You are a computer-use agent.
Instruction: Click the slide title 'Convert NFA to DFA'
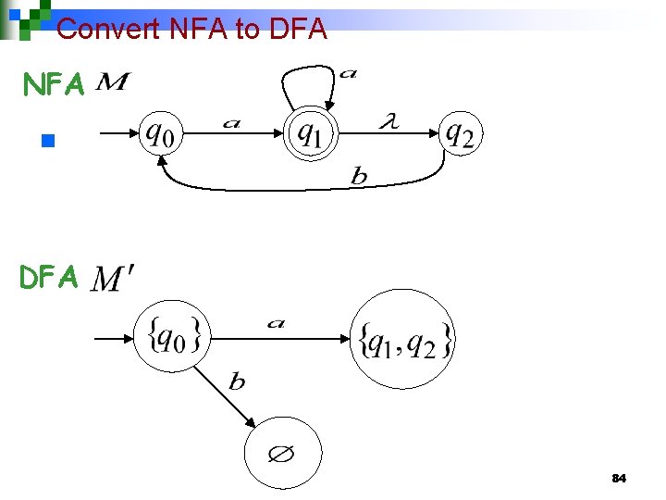pyautogui.click(x=191, y=29)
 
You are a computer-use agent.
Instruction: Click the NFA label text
pyautogui.click(x=54, y=85)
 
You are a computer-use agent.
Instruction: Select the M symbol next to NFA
pyautogui.click(x=111, y=84)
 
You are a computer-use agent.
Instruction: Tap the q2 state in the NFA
pyautogui.click(x=460, y=135)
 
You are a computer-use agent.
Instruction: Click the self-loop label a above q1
pyautogui.click(x=348, y=73)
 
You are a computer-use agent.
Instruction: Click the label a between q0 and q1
pyautogui.click(x=231, y=123)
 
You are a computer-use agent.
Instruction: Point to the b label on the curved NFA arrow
pyautogui.click(x=359, y=178)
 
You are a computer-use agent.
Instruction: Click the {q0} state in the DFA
pyautogui.click(x=173, y=336)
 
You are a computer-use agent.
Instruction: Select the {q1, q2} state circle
pyautogui.click(x=403, y=340)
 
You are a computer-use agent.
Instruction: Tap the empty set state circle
pyautogui.click(x=282, y=454)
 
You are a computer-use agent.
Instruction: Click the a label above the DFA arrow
pyautogui.click(x=276, y=323)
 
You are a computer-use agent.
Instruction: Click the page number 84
pyautogui.click(x=620, y=479)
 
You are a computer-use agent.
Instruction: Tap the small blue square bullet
pyautogui.click(x=48, y=142)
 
